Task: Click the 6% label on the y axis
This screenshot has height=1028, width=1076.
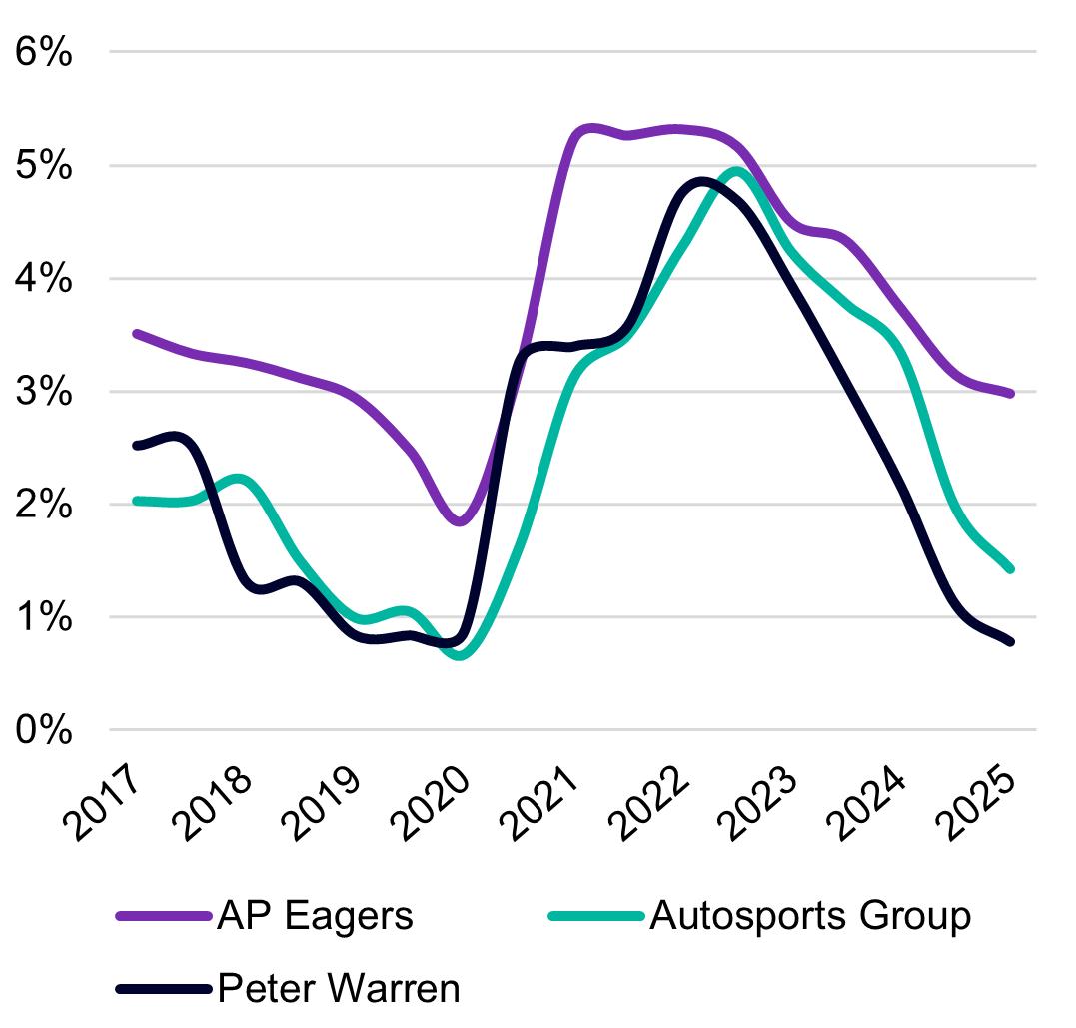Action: (44, 52)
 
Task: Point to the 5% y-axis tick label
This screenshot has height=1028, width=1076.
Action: (44, 165)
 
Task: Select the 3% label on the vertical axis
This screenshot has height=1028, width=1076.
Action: (44, 392)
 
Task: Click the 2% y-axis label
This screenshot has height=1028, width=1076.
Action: (44, 505)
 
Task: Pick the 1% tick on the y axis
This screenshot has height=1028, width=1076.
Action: (44, 617)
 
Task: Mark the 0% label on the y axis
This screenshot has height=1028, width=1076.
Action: (44, 730)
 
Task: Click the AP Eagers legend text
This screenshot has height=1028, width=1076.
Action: (315, 914)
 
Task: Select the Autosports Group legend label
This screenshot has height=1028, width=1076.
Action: (810, 914)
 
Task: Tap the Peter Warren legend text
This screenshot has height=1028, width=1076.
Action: (339, 988)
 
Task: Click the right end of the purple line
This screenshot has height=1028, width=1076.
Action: (1010, 394)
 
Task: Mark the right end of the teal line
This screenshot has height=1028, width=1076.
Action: (1010, 568)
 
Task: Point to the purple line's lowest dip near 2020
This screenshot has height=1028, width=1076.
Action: (459, 520)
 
